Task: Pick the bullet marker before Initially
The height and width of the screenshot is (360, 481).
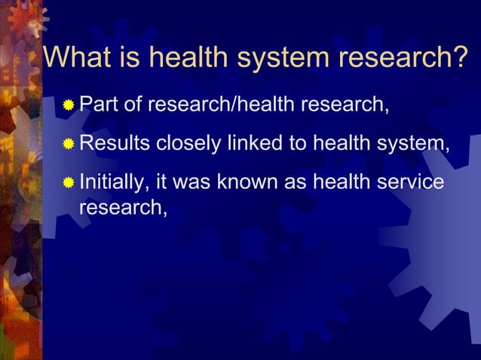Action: coord(69,183)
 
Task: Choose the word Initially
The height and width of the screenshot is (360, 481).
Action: coord(113,182)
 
